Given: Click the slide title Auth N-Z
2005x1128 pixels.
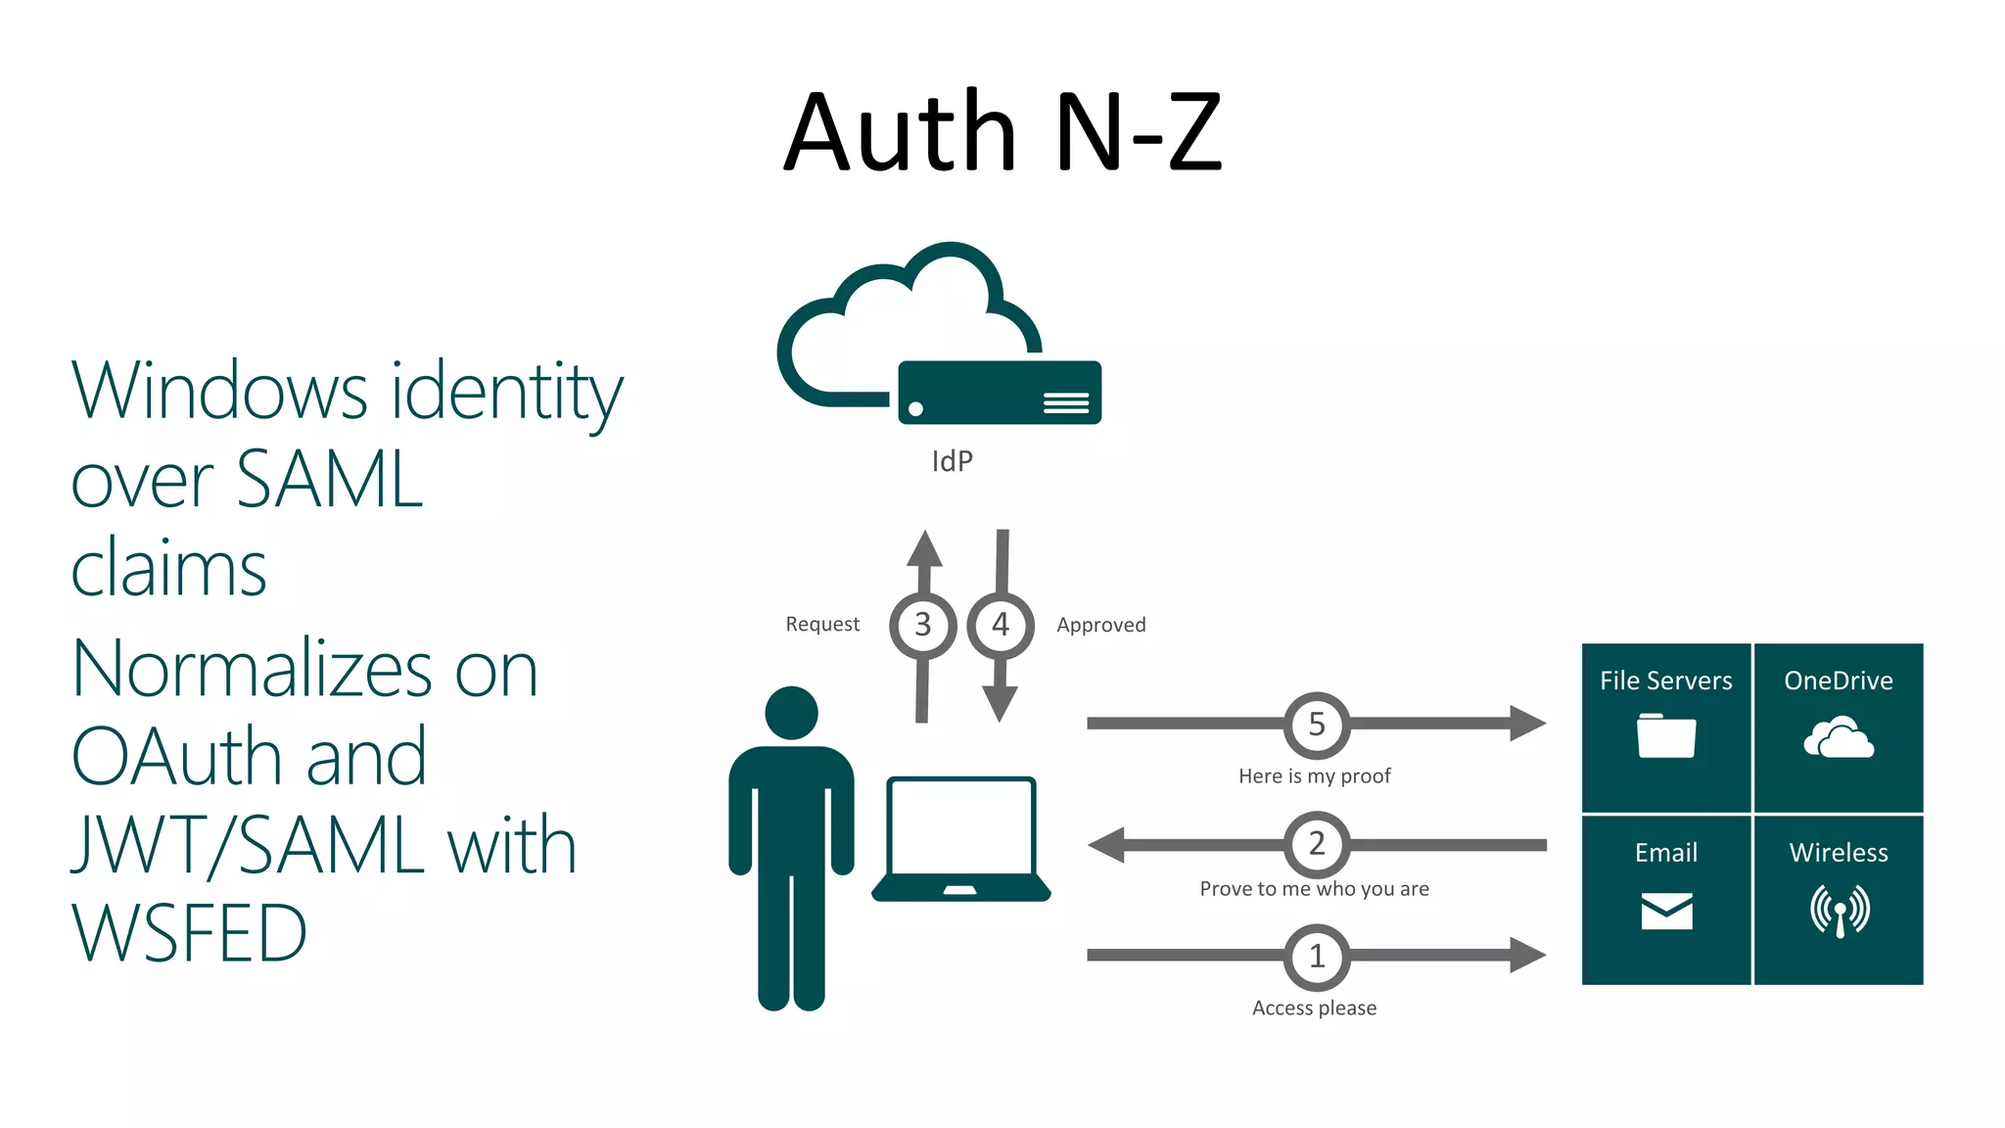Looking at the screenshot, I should tap(1002, 131).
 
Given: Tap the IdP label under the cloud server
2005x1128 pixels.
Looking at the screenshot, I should tap(952, 461).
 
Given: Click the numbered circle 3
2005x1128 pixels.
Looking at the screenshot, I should tap(922, 625).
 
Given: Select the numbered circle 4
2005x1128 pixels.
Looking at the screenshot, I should tap(1000, 625).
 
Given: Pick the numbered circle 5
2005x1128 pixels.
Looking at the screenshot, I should tap(1317, 725).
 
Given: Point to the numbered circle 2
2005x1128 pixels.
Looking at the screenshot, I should tap(1317, 844).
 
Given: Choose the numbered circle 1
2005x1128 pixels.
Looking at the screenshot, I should tap(1317, 957).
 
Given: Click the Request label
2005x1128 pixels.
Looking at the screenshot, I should tap(822, 625).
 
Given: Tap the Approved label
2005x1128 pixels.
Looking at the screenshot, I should tap(1100, 626).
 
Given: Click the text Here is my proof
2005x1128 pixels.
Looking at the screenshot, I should tap(1314, 776).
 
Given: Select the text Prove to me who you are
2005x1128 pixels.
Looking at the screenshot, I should tap(1314, 889).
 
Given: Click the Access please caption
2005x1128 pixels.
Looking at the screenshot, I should tap(1314, 1009).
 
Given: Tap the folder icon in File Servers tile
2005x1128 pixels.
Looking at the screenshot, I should tap(1665, 736).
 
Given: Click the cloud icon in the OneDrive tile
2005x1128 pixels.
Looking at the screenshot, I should tap(1839, 738).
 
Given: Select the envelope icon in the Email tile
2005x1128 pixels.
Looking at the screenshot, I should tap(1666, 911).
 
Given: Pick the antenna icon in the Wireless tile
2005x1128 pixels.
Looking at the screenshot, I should tap(1840, 911).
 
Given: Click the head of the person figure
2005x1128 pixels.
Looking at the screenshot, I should tap(791, 713).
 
